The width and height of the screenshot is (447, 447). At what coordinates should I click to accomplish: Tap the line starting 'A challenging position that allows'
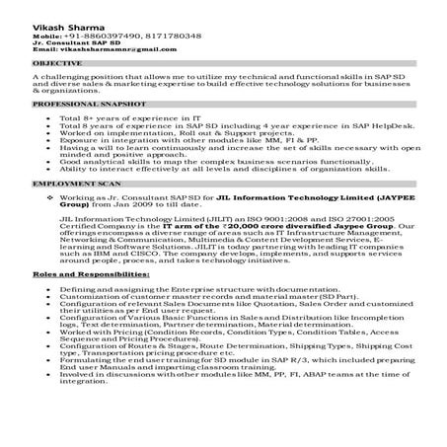(227, 75)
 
